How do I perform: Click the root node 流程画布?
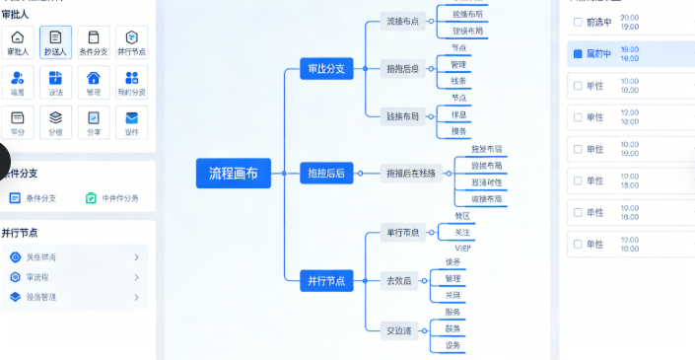pos(233,173)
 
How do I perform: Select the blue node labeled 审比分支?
pos(326,70)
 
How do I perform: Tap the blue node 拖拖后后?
pos(326,174)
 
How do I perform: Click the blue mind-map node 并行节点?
pos(326,281)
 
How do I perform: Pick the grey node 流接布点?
pos(401,22)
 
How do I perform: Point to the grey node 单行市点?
pos(401,233)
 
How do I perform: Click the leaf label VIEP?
pos(462,249)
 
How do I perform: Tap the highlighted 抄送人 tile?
pos(55,41)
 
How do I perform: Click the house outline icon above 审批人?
pos(18,36)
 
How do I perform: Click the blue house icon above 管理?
pos(94,78)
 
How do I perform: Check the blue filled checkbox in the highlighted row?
pos(578,53)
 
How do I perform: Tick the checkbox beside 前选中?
pos(578,22)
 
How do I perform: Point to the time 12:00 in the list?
pos(630,111)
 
